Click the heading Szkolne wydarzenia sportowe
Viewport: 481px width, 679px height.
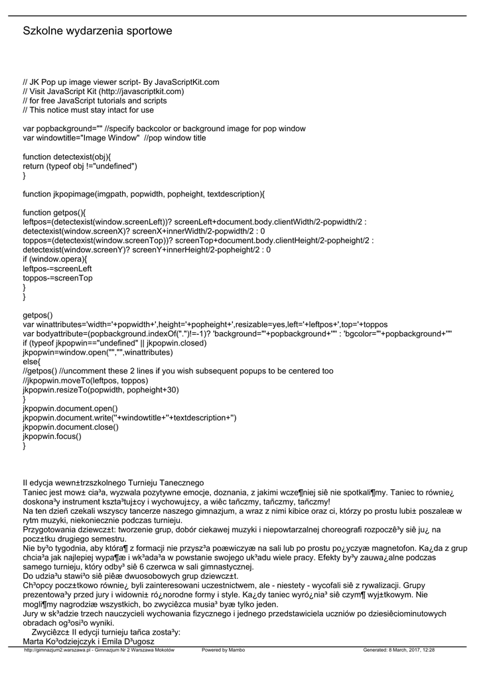98,31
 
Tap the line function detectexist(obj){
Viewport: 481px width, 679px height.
67,156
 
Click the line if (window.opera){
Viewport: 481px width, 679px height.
55,259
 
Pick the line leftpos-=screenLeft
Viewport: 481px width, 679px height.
57,269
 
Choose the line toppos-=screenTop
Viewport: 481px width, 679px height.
58,278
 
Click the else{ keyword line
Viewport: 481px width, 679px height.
32,362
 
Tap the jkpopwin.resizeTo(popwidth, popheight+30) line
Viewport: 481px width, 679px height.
101,390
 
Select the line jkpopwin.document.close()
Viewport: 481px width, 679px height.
70,427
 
